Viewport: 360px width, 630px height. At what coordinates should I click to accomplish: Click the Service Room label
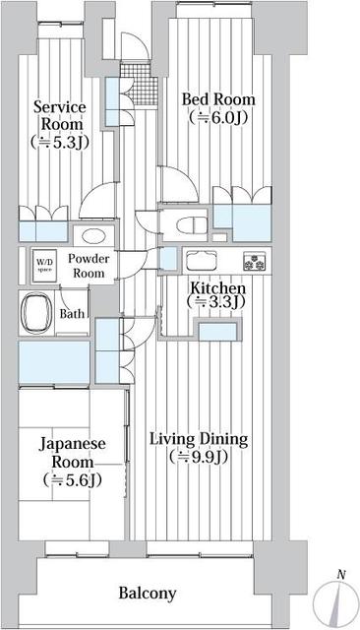tap(60, 115)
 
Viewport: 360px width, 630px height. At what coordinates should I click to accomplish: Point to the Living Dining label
tap(200, 439)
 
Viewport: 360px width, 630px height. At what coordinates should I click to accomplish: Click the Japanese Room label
tap(73, 451)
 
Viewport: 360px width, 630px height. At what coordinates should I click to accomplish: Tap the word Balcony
tap(148, 593)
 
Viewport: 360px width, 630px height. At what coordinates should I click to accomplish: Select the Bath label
tap(72, 314)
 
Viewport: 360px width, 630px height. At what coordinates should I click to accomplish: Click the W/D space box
tap(44, 263)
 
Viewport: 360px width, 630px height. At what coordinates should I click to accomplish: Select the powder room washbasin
tap(94, 236)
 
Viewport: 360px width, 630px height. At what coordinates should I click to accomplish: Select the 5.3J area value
tap(60, 142)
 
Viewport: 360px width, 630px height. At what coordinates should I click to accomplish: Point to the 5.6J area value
tap(73, 480)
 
